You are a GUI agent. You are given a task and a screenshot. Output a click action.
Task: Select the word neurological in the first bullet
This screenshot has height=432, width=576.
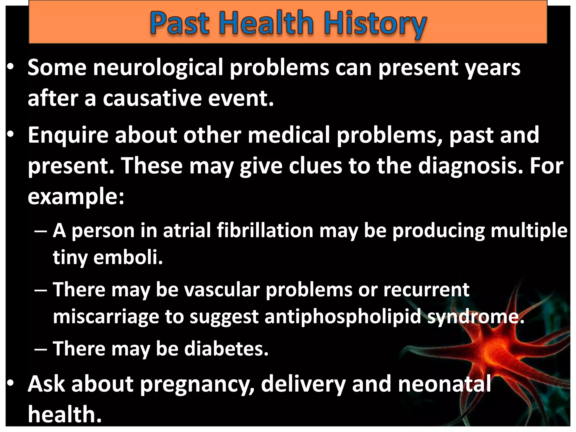[x=158, y=68]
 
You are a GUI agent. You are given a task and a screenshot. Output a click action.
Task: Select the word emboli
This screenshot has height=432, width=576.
[x=128, y=257]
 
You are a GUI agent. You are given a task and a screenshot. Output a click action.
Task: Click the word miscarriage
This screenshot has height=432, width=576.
[x=106, y=317]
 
